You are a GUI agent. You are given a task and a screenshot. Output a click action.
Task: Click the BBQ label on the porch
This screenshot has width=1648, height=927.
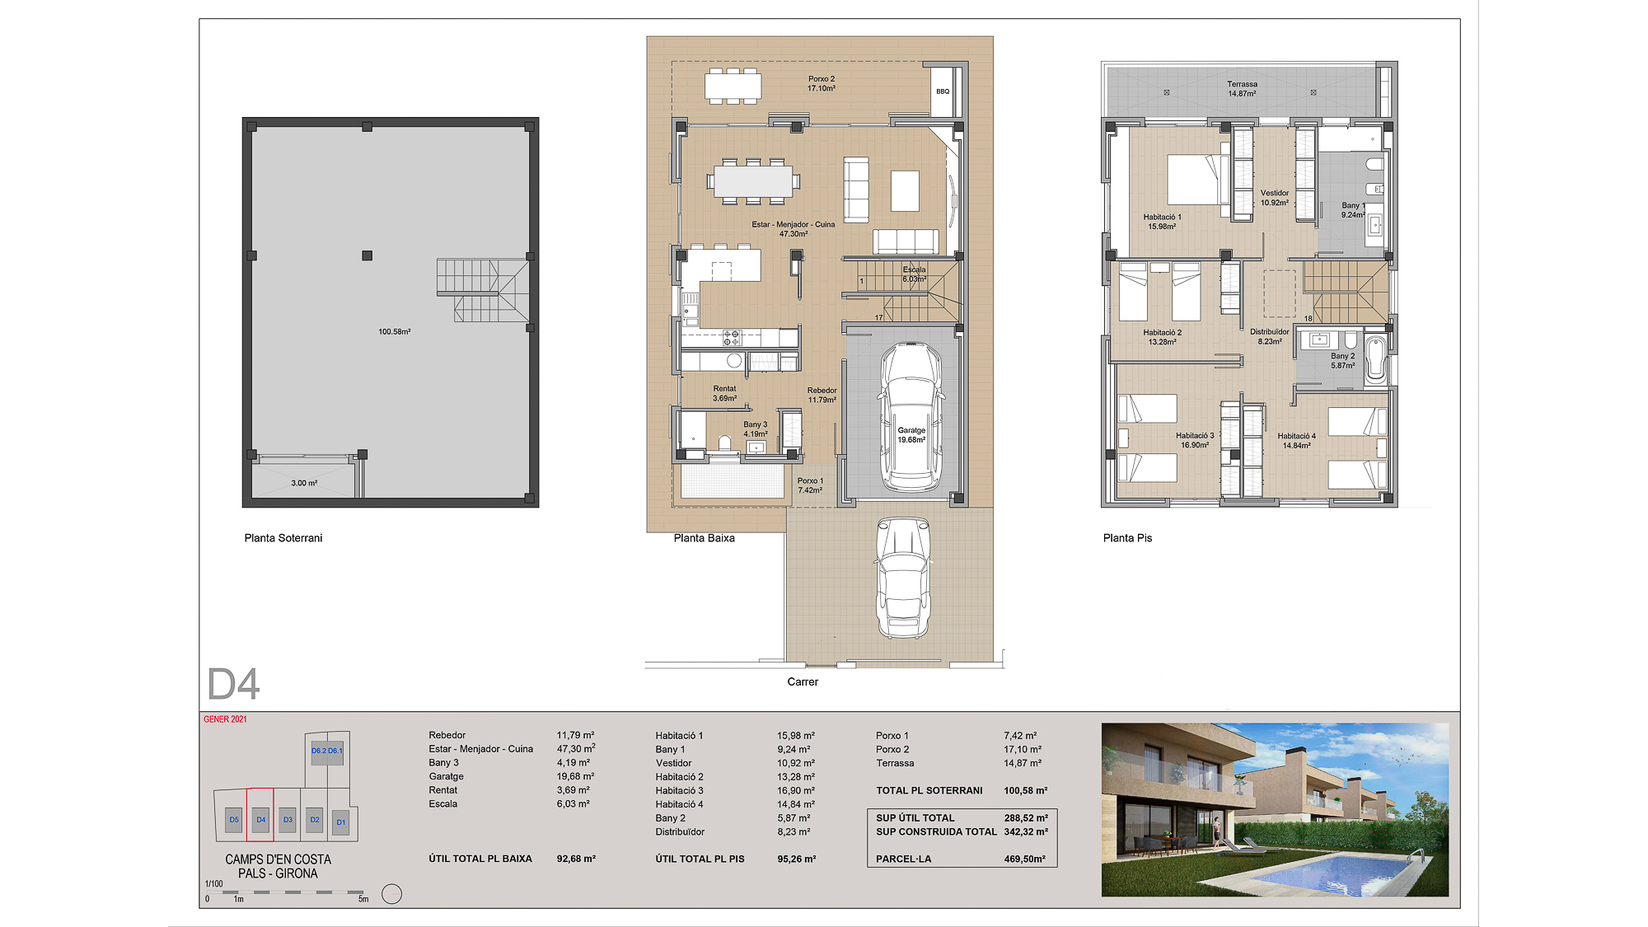coord(943,91)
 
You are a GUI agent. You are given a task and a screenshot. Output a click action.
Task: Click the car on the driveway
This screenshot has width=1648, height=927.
coord(903,577)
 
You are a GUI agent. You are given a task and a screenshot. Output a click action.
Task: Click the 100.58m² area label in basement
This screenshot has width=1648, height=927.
coord(395,332)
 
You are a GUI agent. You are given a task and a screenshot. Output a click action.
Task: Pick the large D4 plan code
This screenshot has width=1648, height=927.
coord(233,684)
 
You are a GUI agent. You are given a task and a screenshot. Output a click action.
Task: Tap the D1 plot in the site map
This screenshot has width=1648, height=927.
coord(341,822)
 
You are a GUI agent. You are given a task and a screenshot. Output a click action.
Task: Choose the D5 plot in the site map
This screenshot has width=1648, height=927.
coord(234,820)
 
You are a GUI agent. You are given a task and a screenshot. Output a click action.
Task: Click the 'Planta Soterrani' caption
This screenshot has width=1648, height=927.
coord(283,538)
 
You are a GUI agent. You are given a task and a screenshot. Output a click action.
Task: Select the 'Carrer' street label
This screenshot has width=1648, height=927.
coord(803,681)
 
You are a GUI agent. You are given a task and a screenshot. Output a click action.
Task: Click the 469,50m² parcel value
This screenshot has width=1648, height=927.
coord(1025,859)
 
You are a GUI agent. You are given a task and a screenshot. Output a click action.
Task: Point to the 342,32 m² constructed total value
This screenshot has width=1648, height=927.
coord(1026,831)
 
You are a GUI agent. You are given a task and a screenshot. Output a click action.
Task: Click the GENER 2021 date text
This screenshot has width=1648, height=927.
coord(225,719)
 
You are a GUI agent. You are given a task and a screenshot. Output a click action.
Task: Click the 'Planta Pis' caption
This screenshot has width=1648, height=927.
coord(1127,538)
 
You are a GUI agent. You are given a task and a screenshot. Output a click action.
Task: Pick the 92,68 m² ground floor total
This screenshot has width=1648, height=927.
coord(576,859)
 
